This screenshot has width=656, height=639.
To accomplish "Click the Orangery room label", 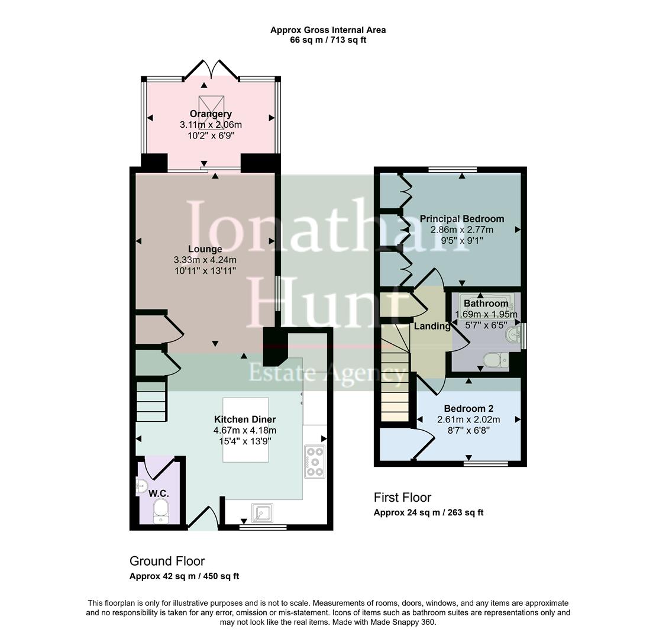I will (211, 114).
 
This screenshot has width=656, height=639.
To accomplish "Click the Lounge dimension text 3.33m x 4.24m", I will (205, 260).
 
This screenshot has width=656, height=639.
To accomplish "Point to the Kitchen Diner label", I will (245, 419).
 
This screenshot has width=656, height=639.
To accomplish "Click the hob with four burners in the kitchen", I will (315, 461).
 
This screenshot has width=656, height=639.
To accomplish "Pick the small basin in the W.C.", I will (141, 488).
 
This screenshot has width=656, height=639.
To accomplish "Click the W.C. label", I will (159, 493).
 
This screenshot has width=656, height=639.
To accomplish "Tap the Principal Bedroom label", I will (462, 219).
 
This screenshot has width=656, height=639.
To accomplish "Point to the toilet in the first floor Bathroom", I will (493, 359).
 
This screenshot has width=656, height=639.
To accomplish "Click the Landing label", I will (432, 326).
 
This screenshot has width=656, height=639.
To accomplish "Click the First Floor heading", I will (402, 498).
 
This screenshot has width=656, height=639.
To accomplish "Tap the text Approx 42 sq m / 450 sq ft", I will (184, 576).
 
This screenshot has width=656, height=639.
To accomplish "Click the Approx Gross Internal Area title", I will (328, 30).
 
